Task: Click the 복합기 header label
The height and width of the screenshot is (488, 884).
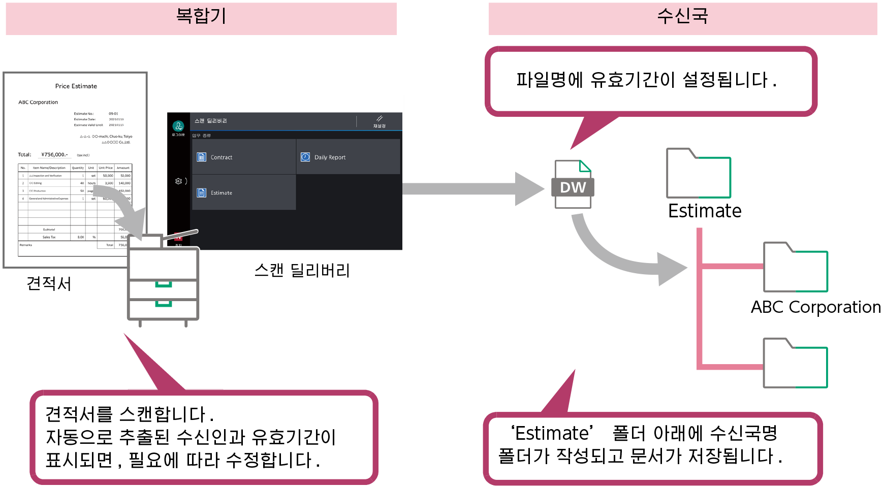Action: tap(201, 16)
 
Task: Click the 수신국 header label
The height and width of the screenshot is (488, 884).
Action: tap(682, 16)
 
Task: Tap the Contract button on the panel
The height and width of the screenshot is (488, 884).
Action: tap(244, 157)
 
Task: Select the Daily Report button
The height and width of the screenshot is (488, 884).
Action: tap(348, 157)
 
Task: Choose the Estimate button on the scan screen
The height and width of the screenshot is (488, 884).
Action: tap(244, 192)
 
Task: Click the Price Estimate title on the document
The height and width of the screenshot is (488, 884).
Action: tap(76, 86)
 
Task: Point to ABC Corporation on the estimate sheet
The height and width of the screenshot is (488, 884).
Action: tap(38, 102)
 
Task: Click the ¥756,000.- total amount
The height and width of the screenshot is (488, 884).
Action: tap(54, 154)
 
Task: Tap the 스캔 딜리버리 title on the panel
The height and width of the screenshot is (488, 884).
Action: tap(211, 121)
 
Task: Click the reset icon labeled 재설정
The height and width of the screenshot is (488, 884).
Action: tap(380, 121)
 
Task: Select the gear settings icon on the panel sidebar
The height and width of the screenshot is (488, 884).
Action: tap(178, 181)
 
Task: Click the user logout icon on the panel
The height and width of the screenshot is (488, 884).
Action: tap(178, 126)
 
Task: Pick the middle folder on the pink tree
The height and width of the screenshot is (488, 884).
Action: tap(796, 267)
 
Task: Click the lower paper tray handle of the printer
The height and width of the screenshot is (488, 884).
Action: tap(163, 304)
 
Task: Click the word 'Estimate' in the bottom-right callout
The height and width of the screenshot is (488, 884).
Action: tap(552, 433)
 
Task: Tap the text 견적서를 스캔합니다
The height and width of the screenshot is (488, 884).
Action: tap(130, 414)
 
